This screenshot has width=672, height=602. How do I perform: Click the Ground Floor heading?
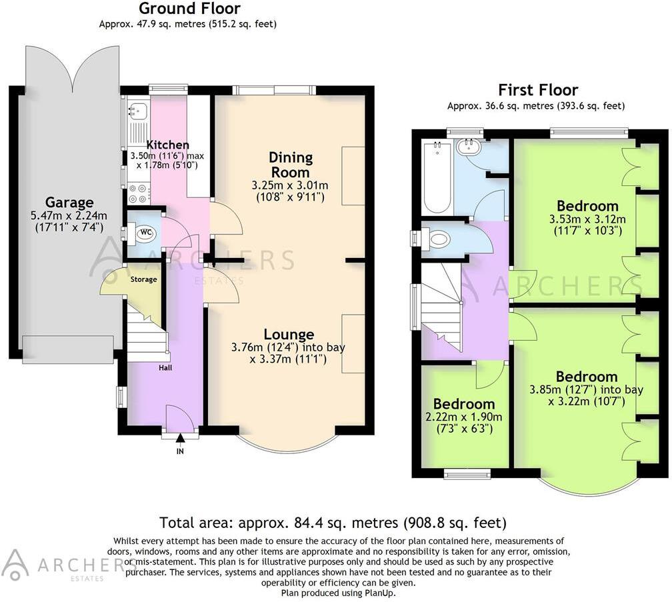[x=189, y=9]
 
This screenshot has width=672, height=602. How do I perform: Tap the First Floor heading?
[x=538, y=90]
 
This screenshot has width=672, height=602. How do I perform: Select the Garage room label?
[x=69, y=202]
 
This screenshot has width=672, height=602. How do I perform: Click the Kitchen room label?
[x=167, y=145]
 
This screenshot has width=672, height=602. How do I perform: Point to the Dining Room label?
[x=291, y=164]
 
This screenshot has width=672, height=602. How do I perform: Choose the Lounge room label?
[x=288, y=334]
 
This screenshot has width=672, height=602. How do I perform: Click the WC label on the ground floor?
[x=145, y=233]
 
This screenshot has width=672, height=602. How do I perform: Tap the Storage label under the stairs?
[x=143, y=279]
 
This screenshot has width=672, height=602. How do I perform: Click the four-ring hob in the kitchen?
[x=138, y=193]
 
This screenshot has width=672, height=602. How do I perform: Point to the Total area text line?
[x=333, y=522]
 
